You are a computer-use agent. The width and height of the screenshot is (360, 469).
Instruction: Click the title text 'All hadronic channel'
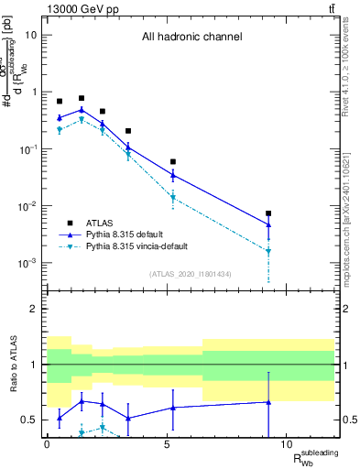191,38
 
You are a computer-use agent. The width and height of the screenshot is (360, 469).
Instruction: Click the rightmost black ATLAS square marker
268,213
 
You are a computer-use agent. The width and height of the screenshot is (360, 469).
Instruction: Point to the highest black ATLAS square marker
82,98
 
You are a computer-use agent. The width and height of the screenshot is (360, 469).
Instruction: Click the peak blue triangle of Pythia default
82,110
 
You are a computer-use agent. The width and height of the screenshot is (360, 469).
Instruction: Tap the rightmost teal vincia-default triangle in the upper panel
268,251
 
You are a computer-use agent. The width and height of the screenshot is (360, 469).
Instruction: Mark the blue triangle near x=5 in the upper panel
173,175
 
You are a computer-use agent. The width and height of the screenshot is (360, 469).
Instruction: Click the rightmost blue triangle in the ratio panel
268,401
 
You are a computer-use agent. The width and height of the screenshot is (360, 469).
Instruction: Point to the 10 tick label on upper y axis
31,35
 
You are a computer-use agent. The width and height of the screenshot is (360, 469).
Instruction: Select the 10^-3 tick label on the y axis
28,263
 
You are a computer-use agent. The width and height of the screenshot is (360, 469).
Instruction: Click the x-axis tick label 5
167,444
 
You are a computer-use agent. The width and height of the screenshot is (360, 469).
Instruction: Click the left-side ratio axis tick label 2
36,309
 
